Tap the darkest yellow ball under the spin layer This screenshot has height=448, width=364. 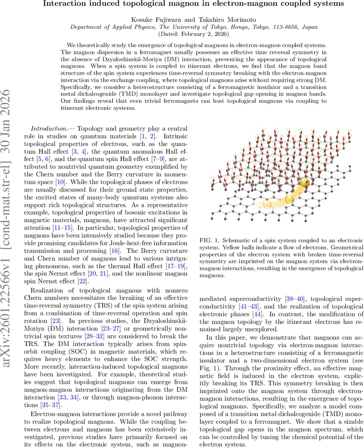(305, 183)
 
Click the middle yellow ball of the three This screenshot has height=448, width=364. (289, 199)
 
